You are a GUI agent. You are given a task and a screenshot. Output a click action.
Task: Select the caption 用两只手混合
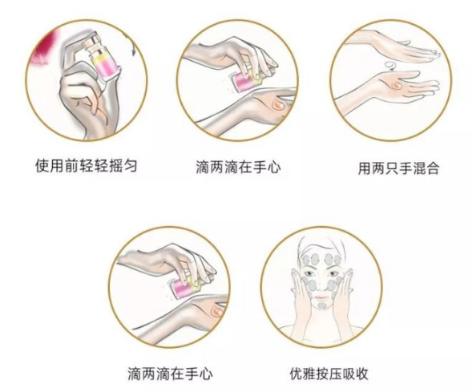click(x=397, y=169)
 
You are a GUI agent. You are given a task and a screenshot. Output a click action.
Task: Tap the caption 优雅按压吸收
click(x=318, y=374)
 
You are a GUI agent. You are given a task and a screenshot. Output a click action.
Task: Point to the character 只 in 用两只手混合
click(x=391, y=169)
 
